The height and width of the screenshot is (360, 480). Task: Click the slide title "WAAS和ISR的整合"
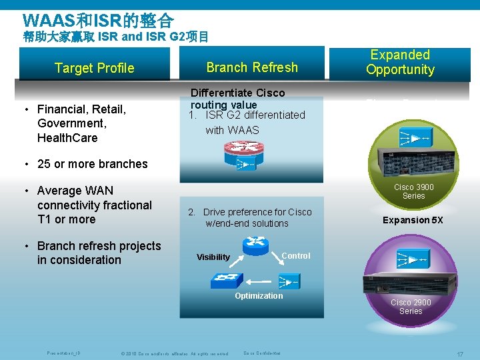pos(98,19)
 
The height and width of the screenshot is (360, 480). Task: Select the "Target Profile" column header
pos(94,68)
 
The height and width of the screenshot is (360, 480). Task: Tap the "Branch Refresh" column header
pos(252,67)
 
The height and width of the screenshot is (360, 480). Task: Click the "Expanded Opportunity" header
pos(400,62)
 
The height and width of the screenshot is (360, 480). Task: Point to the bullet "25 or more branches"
pos(92,164)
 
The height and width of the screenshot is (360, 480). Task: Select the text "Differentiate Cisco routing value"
pos(237,99)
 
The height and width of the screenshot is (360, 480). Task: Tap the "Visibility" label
pos(213,257)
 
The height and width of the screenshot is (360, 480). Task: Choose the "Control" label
pos(295,256)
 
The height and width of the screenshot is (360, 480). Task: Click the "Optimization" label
pos(259,296)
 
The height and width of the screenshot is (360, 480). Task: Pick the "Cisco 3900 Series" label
pos(413,192)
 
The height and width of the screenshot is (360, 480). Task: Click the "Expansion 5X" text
pos(412,220)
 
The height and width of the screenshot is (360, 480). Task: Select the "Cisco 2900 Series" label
pos(411,307)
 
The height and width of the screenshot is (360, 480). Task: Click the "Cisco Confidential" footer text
pos(261,353)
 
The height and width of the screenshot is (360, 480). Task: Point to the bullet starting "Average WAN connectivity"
pos(94,205)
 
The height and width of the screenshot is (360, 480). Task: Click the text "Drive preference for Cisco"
pos(257,212)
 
